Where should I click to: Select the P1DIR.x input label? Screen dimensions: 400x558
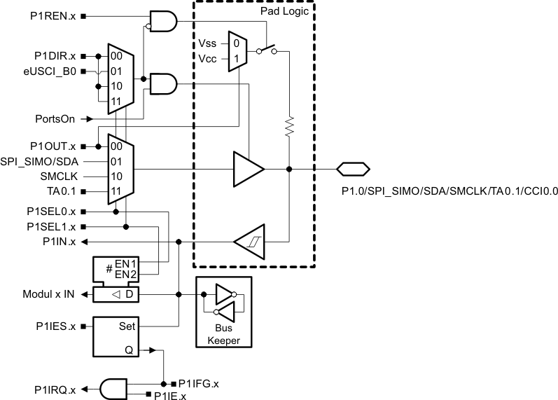point(57,55)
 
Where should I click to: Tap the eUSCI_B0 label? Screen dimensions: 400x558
point(57,71)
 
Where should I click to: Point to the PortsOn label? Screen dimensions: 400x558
point(55,119)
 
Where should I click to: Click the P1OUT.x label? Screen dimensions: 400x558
point(56,146)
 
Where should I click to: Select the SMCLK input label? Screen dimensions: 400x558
point(58,177)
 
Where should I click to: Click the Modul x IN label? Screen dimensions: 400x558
point(48,295)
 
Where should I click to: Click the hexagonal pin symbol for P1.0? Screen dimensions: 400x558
point(353,169)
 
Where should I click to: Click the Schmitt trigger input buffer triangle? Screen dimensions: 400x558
point(249,241)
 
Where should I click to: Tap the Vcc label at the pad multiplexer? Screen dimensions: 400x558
point(209,58)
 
